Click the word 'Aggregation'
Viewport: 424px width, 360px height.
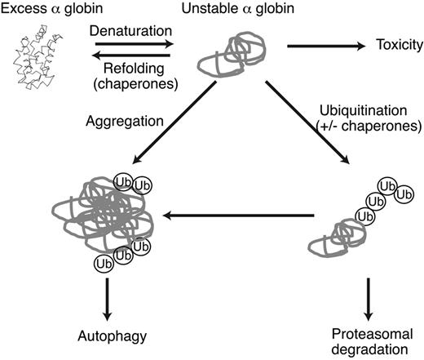point(113,119)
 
